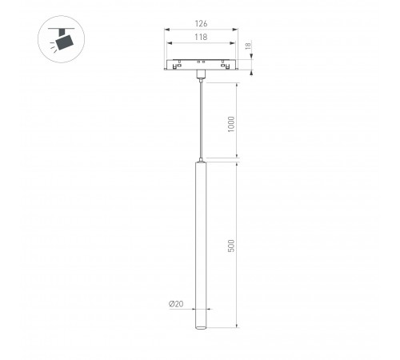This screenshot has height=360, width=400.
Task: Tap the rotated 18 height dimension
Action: [x=249, y=47]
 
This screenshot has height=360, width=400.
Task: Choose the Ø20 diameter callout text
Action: [x=176, y=304]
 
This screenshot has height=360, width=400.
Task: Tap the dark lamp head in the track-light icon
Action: [x=63, y=40]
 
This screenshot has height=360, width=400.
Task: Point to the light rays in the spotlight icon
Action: [x=51, y=47]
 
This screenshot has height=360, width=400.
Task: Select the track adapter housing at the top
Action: [x=202, y=64]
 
